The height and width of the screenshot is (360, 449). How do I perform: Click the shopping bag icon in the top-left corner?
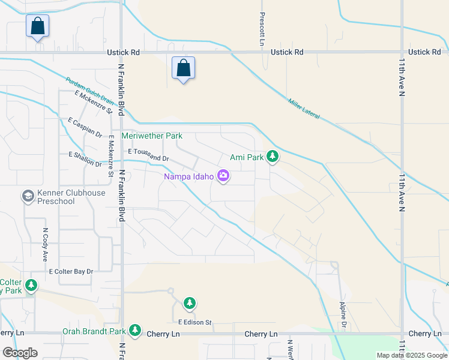(x=37, y=26)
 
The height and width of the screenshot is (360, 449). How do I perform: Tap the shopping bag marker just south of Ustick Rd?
(x=183, y=68)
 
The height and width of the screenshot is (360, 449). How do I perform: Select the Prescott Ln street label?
(x=262, y=30)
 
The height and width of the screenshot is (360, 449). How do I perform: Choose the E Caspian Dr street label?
(x=85, y=127)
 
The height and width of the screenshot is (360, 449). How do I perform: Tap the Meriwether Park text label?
(x=152, y=136)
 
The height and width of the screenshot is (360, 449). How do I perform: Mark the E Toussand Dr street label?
(x=149, y=155)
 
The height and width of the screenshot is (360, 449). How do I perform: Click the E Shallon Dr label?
(x=85, y=160)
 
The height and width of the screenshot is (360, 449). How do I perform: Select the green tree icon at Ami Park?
(x=273, y=157)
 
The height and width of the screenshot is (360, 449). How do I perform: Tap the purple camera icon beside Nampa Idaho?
(x=223, y=176)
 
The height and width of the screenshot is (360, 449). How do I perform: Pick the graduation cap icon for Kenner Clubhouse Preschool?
(x=28, y=196)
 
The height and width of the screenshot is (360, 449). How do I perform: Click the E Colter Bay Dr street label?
(x=71, y=272)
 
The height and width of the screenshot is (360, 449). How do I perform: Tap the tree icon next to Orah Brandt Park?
(x=135, y=331)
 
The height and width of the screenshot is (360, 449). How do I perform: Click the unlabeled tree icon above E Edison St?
(x=190, y=303)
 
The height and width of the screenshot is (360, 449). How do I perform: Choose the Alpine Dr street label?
(x=344, y=315)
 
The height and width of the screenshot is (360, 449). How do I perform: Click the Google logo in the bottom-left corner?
(x=20, y=353)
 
